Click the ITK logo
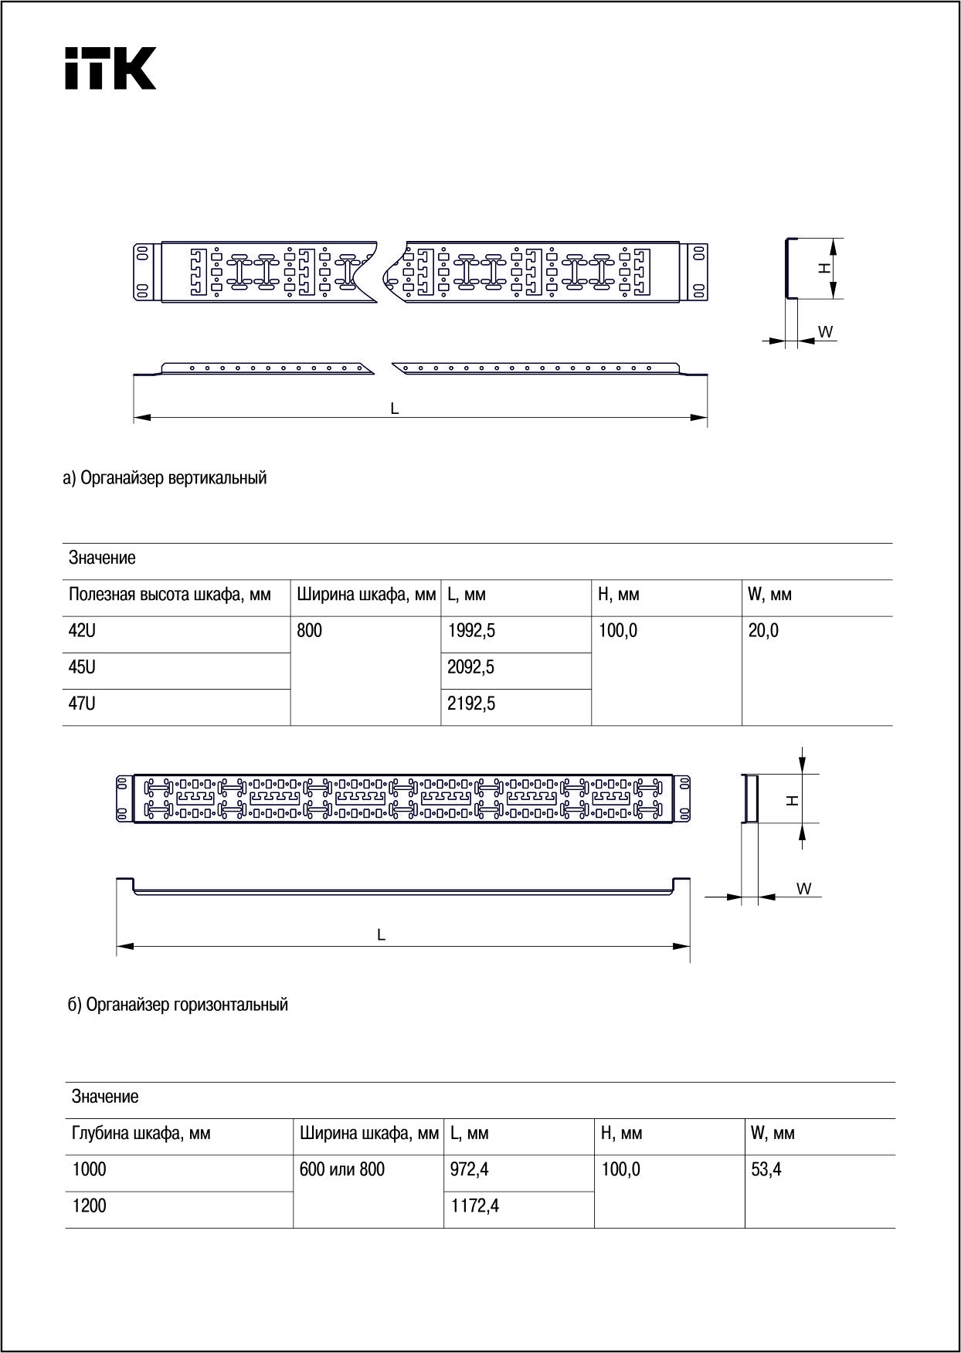pos(110,68)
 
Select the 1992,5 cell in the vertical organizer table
pos(471,631)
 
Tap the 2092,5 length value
pos(471,667)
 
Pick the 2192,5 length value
pos(471,704)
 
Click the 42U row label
pos(83,631)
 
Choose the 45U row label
pos(83,667)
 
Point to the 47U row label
pos(83,704)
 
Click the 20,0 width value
pos(763,631)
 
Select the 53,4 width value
pos(766,1170)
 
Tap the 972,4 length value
pos(470,1170)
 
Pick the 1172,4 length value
pos(474,1206)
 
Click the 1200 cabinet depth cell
pos(90,1206)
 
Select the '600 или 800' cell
pos(341,1170)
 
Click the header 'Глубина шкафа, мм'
pos(141,1134)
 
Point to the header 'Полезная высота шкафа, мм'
pos(170,595)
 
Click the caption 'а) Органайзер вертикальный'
pos(165,478)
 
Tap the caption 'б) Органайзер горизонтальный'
pos(178,1005)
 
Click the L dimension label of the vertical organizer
pos(395,409)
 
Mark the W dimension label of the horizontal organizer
pos(804,889)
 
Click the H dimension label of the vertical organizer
pos(825,268)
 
